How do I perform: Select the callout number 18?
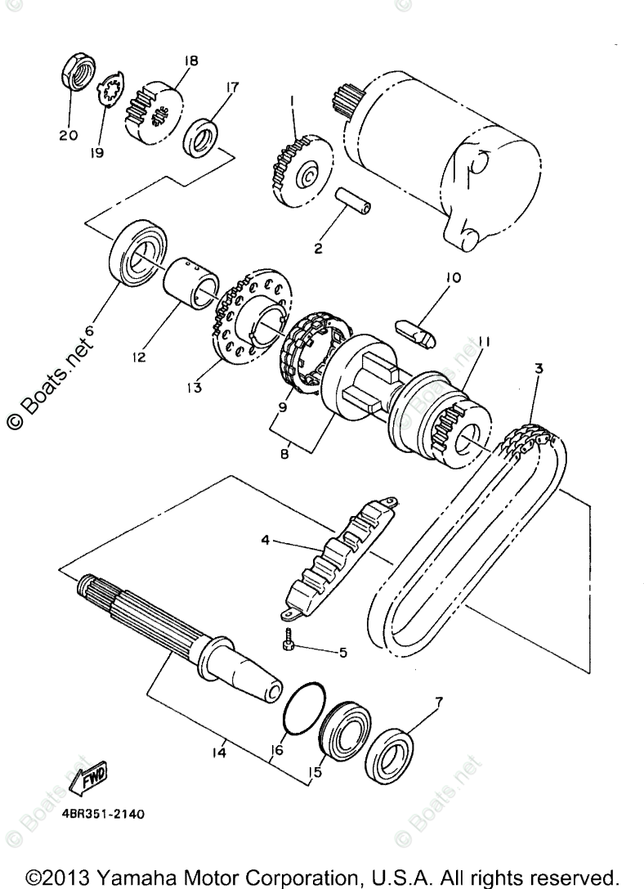pos(191,61)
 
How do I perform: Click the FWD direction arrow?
pos(86,778)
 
